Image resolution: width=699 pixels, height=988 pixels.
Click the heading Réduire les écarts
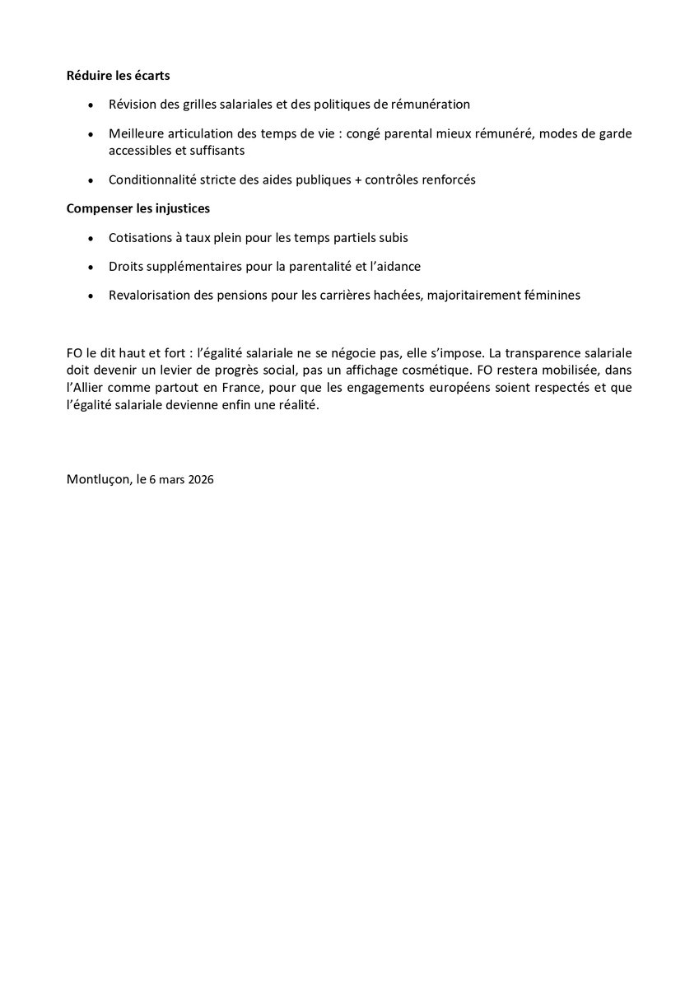119,77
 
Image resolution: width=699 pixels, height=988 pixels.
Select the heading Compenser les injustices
137,208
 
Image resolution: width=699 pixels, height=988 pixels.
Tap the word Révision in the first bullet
133,105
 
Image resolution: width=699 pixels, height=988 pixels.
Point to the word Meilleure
136,133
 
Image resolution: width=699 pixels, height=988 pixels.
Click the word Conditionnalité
151,179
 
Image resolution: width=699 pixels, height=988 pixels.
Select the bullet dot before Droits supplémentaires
90,267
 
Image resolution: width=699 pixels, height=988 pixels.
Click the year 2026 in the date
200,482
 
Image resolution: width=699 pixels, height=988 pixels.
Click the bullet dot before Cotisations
90,238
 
